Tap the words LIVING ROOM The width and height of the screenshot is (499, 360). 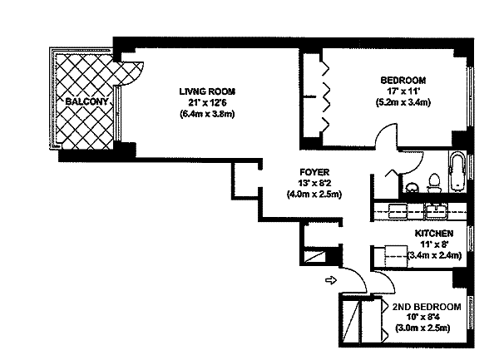pyautogui.click(x=208, y=91)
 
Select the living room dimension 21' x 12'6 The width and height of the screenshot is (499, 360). pyautogui.click(x=208, y=102)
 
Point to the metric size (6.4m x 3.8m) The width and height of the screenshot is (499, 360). pyautogui.click(x=208, y=114)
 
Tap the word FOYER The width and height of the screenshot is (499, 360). pyautogui.click(x=312, y=172)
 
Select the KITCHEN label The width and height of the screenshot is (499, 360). pyautogui.click(x=434, y=234)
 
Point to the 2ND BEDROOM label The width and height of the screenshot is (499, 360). pyautogui.click(x=427, y=307)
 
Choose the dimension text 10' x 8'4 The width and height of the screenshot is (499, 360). pyautogui.click(x=425, y=318)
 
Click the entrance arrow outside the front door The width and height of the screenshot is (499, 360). pyautogui.click(x=330, y=279)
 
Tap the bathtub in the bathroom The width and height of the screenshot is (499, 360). pyautogui.click(x=458, y=173)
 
